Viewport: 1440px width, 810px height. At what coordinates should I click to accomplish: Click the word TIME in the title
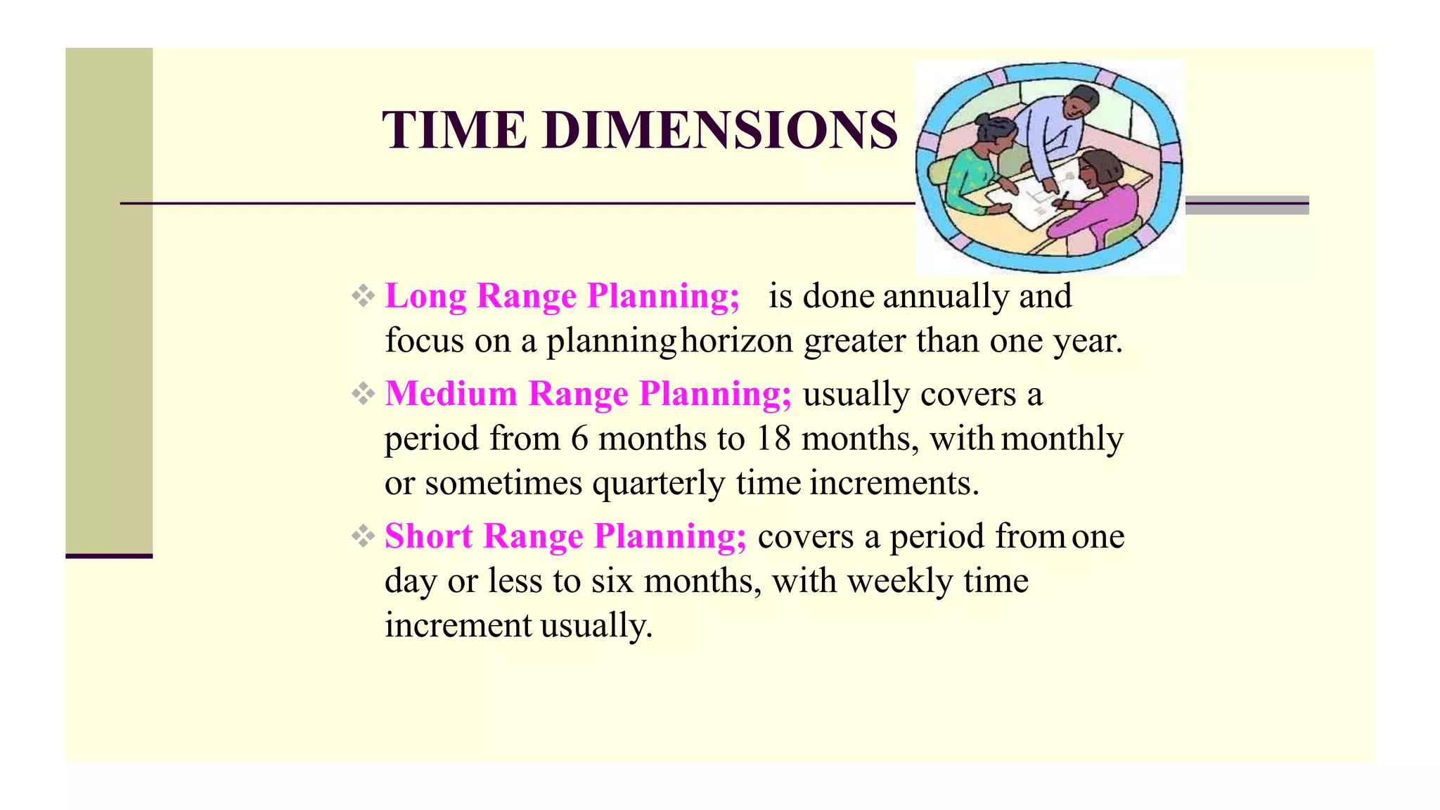[454, 130]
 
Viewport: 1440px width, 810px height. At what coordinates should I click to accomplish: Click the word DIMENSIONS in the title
[720, 130]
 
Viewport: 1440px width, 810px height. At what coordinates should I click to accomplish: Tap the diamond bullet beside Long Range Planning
[363, 295]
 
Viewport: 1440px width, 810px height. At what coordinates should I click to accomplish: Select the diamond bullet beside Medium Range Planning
[363, 394]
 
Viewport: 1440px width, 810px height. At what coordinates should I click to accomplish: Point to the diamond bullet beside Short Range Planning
[363, 536]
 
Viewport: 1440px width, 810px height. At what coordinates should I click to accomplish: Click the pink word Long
[425, 295]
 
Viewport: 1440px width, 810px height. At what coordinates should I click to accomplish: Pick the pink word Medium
[451, 393]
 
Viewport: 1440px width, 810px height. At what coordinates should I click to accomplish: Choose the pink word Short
[428, 536]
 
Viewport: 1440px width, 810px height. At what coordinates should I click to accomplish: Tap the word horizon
[737, 341]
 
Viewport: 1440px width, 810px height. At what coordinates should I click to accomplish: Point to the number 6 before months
[579, 439]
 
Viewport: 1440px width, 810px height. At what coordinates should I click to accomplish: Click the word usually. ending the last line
[596, 626]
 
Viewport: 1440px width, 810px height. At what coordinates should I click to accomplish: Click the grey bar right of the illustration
[1247, 205]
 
